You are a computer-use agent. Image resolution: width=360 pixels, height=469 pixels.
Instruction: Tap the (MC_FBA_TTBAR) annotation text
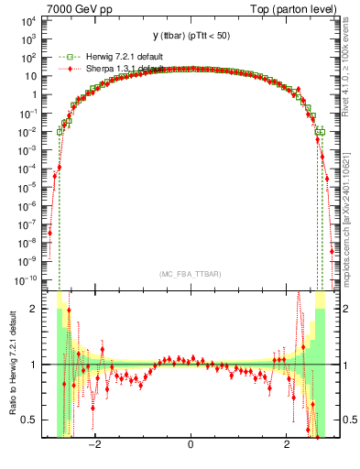tap(190, 274)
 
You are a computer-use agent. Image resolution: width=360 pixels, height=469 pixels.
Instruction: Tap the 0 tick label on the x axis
tap(191, 446)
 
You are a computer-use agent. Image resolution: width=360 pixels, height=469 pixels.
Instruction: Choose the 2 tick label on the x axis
tap(288, 446)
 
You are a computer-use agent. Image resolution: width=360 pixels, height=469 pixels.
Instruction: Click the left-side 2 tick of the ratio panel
tap(34, 309)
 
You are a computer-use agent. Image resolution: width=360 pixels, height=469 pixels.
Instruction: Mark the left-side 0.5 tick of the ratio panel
tap(30, 420)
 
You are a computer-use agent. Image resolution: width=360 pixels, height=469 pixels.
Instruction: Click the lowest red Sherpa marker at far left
tap(50, 233)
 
